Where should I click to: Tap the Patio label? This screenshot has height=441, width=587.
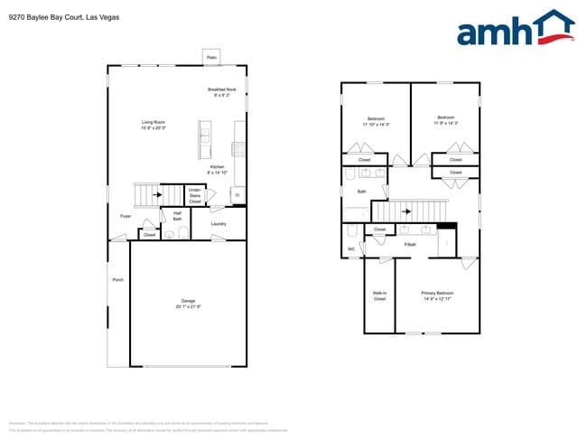click(212, 58)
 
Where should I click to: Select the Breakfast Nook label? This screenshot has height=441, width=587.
click(221, 92)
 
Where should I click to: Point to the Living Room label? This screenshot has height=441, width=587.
click(153, 125)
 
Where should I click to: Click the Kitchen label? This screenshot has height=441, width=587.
click(218, 169)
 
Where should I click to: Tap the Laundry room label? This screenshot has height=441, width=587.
click(219, 223)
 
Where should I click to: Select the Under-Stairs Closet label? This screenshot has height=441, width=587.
click(195, 195)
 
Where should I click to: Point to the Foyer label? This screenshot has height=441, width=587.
click(126, 216)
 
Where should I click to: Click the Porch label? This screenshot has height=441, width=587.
click(117, 280)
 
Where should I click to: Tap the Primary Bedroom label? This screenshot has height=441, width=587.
click(437, 296)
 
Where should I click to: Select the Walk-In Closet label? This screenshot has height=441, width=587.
click(379, 296)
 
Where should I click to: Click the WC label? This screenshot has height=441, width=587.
click(351, 249)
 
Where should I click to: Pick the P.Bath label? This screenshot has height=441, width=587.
click(410, 245)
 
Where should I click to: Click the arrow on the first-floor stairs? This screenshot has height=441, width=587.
click(157, 194)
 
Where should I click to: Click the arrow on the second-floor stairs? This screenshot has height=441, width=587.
click(405, 212)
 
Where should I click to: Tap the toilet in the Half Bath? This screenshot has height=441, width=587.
click(182, 233)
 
